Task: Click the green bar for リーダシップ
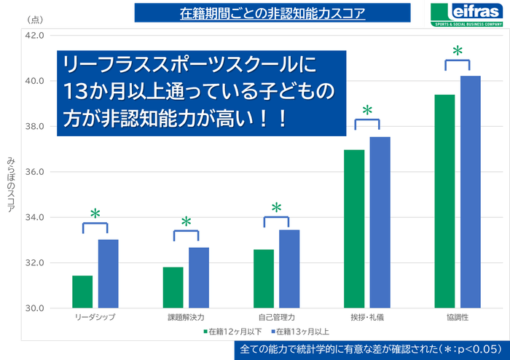82,291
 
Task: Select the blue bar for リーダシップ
108,273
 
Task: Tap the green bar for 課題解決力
173,287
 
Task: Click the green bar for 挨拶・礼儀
354,229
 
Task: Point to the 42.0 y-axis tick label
35,36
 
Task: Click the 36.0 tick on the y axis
35,172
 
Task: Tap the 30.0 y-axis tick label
35,308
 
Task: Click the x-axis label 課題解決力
186,318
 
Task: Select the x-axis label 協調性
457,318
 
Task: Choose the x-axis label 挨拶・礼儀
366,318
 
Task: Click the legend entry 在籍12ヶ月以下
232,332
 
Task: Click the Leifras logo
467,14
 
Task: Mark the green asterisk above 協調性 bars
458,52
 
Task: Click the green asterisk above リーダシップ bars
95,214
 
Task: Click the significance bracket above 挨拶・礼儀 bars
367,122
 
